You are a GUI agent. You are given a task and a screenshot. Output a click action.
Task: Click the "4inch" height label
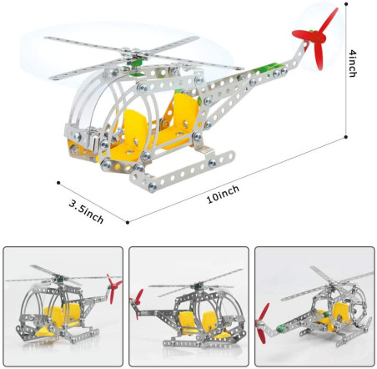[x=353, y=63]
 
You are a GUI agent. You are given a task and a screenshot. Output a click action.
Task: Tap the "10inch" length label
[x=223, y=194]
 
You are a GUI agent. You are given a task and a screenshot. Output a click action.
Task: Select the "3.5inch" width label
[x=86, y=212]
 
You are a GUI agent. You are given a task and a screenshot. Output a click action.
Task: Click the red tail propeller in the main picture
[x=315, y=38]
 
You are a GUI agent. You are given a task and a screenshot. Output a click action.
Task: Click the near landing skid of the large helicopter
[x=183, y=170]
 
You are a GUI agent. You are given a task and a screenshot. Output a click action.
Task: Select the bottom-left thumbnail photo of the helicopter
[x=63, y=306]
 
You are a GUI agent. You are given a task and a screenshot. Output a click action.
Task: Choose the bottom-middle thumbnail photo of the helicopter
[x=188, y=306]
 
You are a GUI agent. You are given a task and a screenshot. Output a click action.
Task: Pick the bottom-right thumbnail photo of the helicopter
[x=314, y=306]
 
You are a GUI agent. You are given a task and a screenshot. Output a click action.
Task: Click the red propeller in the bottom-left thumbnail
[x=113, y=288]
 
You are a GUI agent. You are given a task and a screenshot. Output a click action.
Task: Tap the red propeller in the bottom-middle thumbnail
[x=137, y=303]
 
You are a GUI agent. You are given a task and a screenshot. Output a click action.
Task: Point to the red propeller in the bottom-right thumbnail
[x=263, y=324]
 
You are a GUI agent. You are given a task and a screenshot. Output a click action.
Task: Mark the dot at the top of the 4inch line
[x=346, y=4]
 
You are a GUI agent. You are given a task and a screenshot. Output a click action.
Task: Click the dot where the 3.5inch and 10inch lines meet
[x=128, y=222]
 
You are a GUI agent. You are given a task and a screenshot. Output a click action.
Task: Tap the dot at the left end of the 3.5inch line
[x=58, y=183]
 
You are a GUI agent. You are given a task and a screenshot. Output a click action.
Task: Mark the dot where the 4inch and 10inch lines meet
[x=346, y=137]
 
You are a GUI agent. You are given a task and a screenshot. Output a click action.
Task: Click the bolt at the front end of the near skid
[x=153, y=186]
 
